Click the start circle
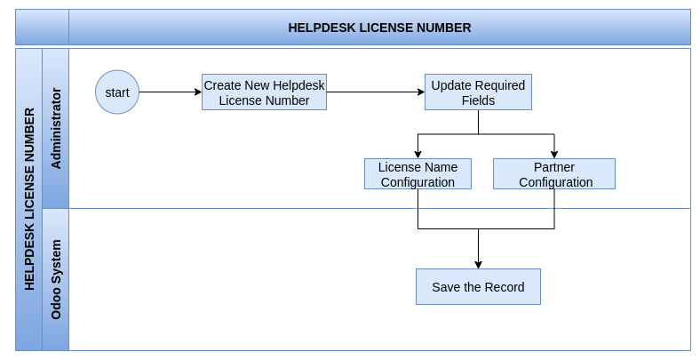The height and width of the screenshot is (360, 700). pos(117,92)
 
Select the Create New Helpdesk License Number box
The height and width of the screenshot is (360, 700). pos(265,92)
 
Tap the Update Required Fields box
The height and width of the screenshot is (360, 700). pos(478,92)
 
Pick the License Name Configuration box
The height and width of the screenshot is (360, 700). pos(418,173)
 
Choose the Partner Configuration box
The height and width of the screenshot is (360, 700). pos(554,173)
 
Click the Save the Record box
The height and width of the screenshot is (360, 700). pos(478,287)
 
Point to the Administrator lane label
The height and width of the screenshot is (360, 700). pos(56,128)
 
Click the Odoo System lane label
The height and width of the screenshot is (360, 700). pos(56,280)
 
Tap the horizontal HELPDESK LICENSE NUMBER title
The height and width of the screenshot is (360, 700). pos(379,28)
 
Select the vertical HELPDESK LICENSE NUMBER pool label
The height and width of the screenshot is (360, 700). pos(29,199)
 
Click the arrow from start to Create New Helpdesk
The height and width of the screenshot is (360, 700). pos(171,92)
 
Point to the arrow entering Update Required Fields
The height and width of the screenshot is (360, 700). pos(376,92)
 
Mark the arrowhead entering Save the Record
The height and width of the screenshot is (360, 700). pos(478,265)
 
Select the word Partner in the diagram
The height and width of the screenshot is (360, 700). pos(554,167)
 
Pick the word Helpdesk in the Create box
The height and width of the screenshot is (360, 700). pos(298,85)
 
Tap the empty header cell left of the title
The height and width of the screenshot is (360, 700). pos(43,28)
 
